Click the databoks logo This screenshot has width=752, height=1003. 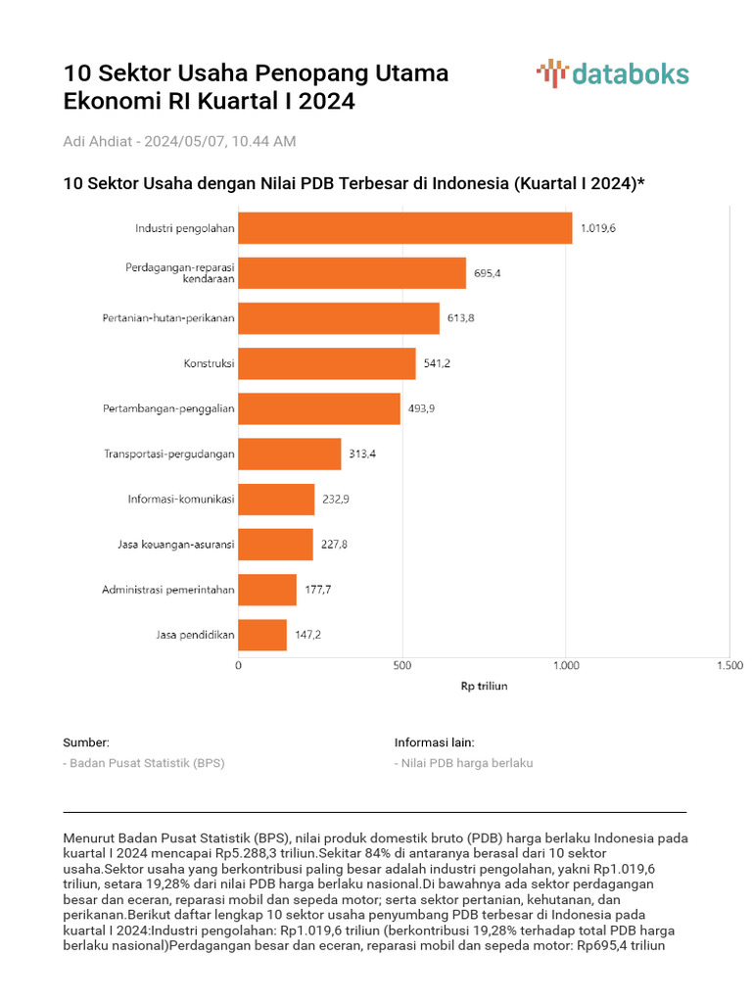pos(612,74)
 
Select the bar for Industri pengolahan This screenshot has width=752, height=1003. pos(405,228)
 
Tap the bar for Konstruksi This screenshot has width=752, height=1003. pos(327,363)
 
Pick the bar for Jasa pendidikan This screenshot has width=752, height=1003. pos(262,635)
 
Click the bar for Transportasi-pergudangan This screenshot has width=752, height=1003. pos(290,454)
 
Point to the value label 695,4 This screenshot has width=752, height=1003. pos(487,273)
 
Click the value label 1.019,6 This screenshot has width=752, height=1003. pos(597,228)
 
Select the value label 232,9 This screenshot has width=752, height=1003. pos(335,499)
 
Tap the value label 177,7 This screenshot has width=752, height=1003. pos(316,590)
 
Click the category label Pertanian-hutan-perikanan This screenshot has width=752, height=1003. pos(168,318)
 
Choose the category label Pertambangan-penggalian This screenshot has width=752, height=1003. pos(168,408)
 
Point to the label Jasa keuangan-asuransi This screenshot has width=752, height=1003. pos(169,545)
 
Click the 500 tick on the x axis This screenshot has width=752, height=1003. pos(401,666)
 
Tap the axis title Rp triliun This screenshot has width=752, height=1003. pos(484,686)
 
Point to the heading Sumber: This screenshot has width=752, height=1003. pos(86,742)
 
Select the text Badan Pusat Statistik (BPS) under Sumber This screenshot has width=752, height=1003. pos(146,763)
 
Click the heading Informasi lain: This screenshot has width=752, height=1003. pos(434,742)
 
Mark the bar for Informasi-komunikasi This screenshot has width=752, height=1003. pos(276,500)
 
